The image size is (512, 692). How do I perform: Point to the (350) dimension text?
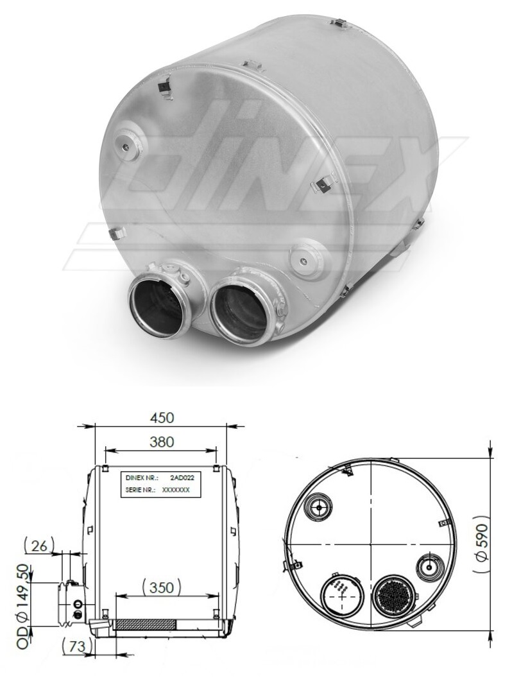click(x=160, y=587)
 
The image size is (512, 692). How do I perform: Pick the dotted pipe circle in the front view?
click(x=342, y=594)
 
